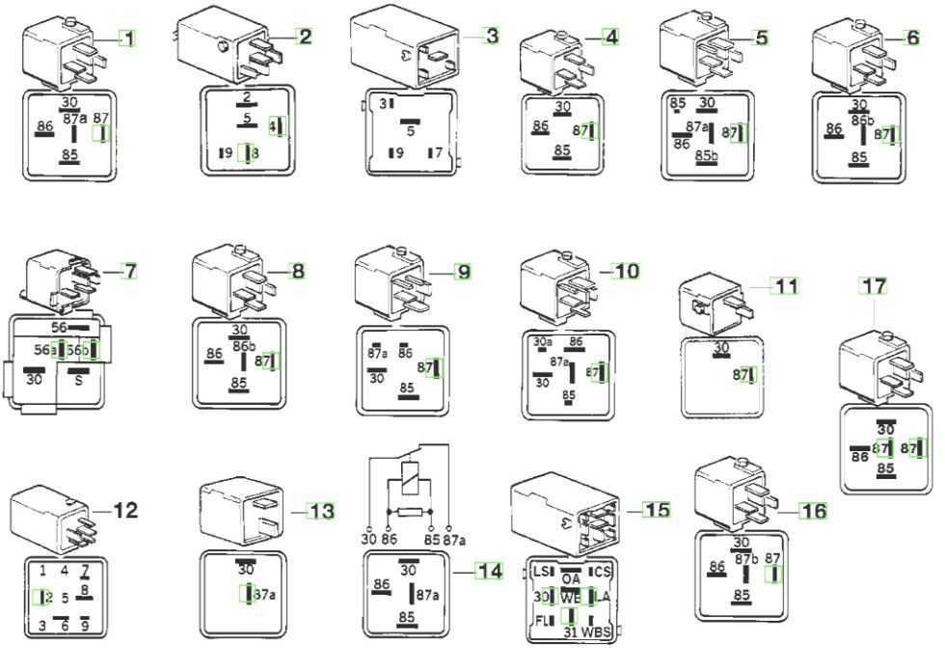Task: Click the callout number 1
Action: tap(127, 38)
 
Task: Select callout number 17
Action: tap(874, 286)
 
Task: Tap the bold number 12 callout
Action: tap(125, 510)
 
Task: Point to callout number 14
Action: tap(490, 571)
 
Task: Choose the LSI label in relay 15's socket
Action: tap(543, 572)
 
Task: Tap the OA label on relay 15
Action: tap(571, 578)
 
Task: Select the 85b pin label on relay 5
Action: tap(708, 153)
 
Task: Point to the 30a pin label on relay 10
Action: tap(543, 341)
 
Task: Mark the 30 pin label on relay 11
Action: tap(721, 347)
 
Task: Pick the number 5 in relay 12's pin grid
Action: tap(65, 598)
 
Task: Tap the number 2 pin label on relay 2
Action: tap(247, 97)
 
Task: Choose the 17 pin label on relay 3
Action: tap(435, 152)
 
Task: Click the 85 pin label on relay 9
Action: tap(407, 387)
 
